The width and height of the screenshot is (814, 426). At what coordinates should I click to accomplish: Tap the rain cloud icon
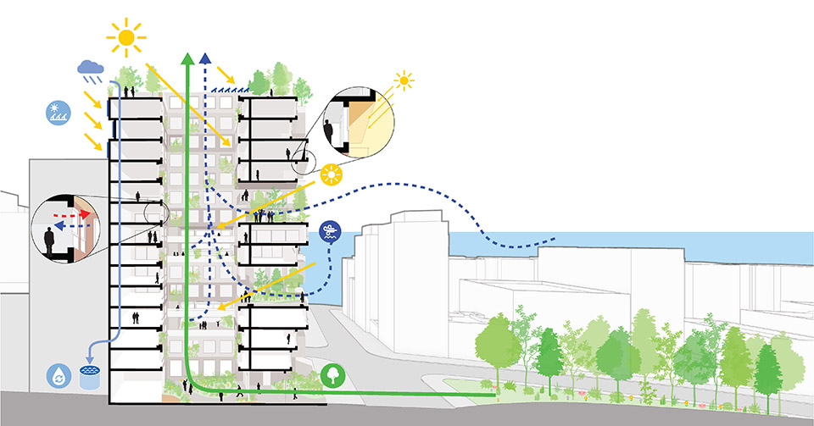[91, 68]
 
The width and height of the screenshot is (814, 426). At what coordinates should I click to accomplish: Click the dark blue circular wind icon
[330, 231]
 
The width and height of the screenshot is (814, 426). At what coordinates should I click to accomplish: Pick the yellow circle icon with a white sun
[332, 175]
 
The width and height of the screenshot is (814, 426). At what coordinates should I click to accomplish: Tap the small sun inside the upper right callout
[404, 81]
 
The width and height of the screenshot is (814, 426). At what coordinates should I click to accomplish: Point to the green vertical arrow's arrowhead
[187, 58]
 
